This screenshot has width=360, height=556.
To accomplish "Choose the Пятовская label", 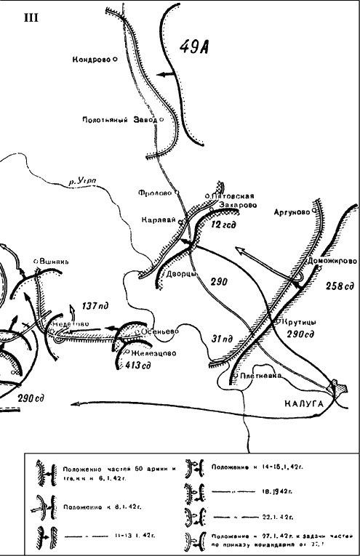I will [x=233, y=196].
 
